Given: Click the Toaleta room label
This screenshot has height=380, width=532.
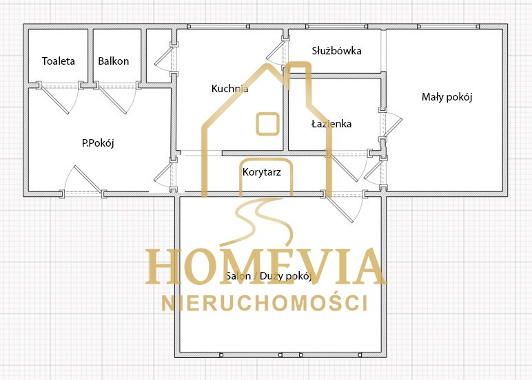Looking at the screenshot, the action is coord(59,61).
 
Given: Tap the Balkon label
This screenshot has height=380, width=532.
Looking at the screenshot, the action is coord(113,61).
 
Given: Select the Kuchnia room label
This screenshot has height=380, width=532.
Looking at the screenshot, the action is coord(229,89).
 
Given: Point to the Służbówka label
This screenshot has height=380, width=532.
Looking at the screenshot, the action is coord(336,51).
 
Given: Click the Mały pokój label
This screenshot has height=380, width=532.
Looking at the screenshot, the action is coord(447,97).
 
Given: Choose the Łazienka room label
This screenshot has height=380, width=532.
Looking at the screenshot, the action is coord(331,124).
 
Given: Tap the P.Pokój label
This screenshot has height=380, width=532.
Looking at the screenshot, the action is coord(98,143).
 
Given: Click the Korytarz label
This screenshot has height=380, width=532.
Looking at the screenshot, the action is coord(262,172).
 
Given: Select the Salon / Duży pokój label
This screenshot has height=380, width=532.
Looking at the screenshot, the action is coord(269,276).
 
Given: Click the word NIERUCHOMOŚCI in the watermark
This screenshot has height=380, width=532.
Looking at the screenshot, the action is coord(265,303).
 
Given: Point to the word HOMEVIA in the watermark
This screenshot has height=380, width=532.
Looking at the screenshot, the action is coord(265,266).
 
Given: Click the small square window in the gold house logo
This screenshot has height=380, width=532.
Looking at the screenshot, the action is coord(267,124).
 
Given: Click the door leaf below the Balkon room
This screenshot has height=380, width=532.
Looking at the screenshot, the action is coord(113,100).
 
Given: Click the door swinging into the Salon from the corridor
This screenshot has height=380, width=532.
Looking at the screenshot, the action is coord(340,209).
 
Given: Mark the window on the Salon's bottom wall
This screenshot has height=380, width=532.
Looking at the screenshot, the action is coord(290,355).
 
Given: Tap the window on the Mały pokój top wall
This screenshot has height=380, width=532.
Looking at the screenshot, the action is coord(448,26).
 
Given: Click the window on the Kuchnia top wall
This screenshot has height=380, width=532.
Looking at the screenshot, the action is coord(218,26).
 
